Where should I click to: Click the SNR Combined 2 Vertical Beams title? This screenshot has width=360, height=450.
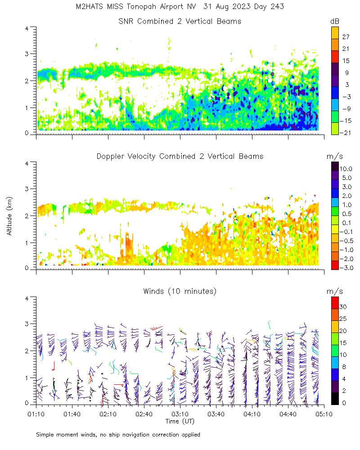(180, 22)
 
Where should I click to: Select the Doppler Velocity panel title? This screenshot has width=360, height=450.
(180, 157)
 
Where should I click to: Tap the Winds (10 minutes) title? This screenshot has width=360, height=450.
(180, 292)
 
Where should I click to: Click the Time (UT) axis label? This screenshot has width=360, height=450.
(180, 421)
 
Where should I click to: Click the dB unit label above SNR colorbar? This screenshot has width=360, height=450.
(334, 22)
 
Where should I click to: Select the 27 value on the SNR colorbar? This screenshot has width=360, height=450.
(346, 37)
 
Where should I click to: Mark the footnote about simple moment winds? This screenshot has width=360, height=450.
(118, 435)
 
